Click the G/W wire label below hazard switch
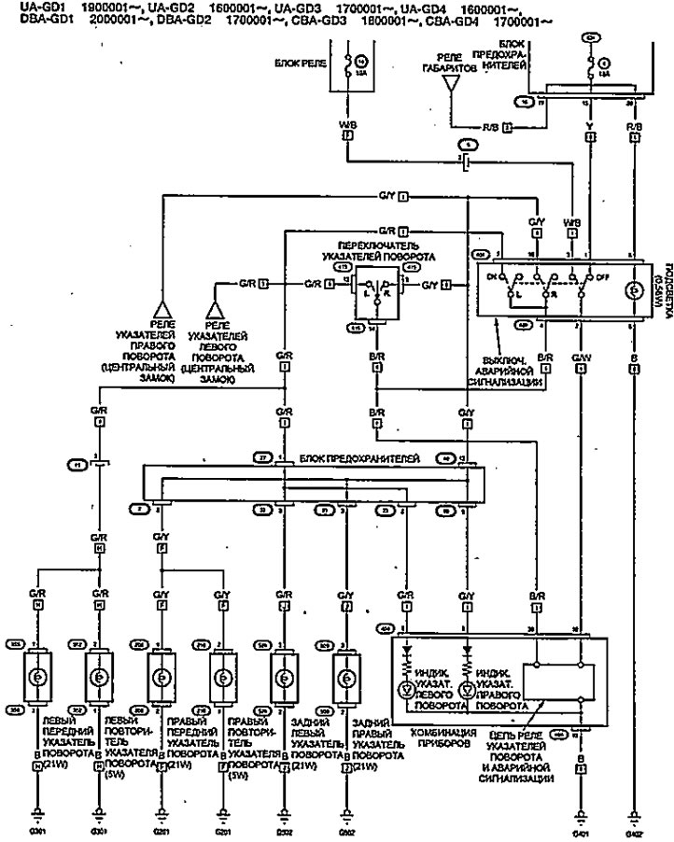[x=580, y=356]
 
